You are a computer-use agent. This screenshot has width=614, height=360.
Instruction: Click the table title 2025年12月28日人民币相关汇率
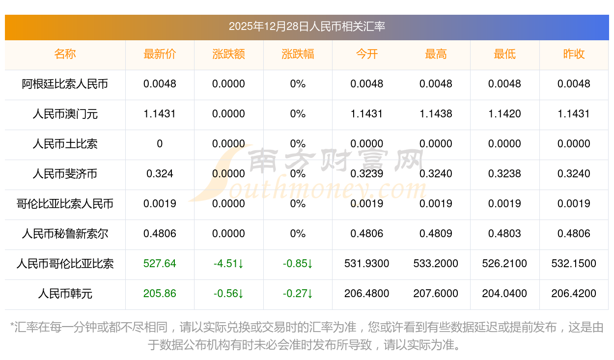(x=307, y=27)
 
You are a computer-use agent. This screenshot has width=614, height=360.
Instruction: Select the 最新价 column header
(x=160, y=54)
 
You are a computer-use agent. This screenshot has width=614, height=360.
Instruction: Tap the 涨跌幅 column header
(x=298, y=54)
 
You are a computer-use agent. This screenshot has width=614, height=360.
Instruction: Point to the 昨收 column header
(x=574, y=54)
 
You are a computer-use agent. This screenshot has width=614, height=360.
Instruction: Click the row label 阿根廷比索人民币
(x=65, y=84)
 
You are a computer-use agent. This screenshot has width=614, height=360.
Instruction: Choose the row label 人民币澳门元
(x=65, y=114)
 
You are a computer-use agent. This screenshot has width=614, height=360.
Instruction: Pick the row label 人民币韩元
(x=65, y=294)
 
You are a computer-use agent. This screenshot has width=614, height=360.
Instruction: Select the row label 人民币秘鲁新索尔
(x=65, y=234)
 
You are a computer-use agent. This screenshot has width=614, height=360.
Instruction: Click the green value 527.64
(x=160, y=264)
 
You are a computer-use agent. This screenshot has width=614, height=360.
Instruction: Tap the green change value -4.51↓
(x=229, y=264)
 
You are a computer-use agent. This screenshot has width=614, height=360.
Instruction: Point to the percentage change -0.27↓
(x=298, y=294)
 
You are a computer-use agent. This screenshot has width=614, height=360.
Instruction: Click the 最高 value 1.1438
(x=436, y=114)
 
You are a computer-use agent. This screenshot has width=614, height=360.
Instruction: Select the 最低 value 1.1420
(x=504, y=114)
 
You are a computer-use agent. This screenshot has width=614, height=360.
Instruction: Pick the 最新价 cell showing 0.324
(x=160, y=174)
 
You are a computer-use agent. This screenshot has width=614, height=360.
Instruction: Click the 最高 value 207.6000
(x=436, y=294)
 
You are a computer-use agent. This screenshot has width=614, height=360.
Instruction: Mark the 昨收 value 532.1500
(x=574, y=264)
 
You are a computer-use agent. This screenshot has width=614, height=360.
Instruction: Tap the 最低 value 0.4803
(x=504, y=234)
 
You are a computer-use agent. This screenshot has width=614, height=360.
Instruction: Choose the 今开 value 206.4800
(x=367, y=294)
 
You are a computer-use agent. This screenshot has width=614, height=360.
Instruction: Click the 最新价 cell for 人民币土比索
(x=160, y=144)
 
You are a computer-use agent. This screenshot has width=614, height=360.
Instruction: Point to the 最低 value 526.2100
(x=504, y=264)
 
